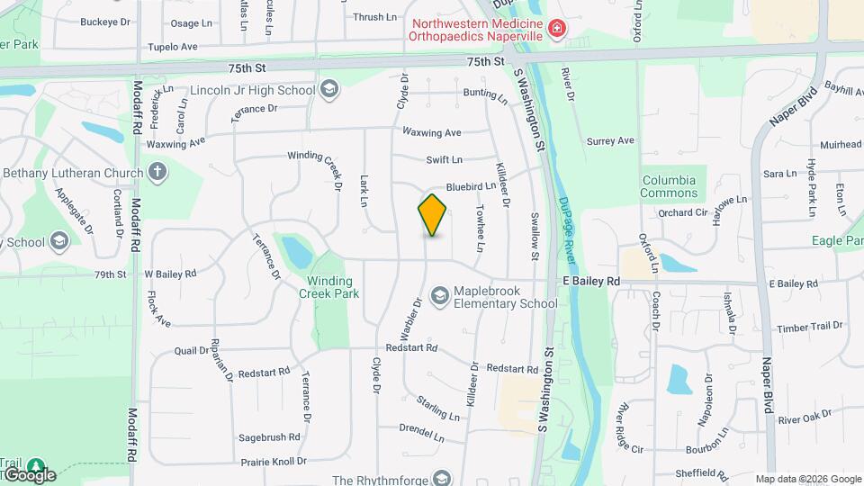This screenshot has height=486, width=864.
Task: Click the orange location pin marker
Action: [x=432, y=214]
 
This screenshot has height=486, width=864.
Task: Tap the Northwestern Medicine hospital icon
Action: [x=557, y=30]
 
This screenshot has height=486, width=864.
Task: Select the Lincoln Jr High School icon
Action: [x=329, y=89]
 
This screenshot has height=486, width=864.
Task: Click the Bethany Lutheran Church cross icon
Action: [x=157, y=172]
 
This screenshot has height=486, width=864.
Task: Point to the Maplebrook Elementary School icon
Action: [x=440, y=295]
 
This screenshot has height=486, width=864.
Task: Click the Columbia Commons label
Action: [x=669, y=186]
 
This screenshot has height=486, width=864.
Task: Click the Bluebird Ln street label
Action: [x=471, y=186]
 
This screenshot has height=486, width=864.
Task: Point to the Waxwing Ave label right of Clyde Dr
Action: [x=432, y=132]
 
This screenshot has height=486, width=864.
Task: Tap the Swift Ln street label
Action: [x=445, y=159]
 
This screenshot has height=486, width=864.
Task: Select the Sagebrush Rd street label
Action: [x=269, y=437]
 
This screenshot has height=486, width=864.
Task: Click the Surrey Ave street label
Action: [x=610, y=140]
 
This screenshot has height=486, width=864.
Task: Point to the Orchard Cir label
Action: [x=682, y=213]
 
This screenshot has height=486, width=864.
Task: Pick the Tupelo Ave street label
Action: [x=172, y=47]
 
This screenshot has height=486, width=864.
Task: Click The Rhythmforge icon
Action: [x=442, y=479]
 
